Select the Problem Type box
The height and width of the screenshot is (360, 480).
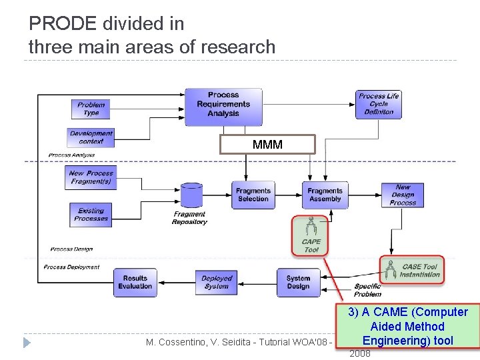(91, 109)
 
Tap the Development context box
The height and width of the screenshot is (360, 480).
(91, 137)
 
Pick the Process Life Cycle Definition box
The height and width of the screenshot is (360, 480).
(379, 105)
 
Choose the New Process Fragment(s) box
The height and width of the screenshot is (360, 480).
(91, 177)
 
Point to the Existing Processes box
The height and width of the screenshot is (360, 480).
(91, 214)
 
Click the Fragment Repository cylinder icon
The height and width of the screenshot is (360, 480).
(191, 195)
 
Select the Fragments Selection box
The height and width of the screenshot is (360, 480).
(253, 195)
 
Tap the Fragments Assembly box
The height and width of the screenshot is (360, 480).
(325, 195)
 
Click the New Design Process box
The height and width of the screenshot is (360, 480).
(403, 195)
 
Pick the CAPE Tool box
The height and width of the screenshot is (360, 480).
(311, 235)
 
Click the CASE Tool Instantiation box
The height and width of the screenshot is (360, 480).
(411, 270)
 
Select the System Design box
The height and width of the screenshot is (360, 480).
(298, 282)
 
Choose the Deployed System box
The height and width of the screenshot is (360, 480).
(217, 282)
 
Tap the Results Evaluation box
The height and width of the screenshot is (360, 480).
(135, 282)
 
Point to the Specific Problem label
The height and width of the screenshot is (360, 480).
(367, 290)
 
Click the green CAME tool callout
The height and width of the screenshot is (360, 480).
(407, 326)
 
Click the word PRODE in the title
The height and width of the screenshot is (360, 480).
(63, 24)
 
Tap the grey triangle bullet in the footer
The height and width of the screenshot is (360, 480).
(27, 343)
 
